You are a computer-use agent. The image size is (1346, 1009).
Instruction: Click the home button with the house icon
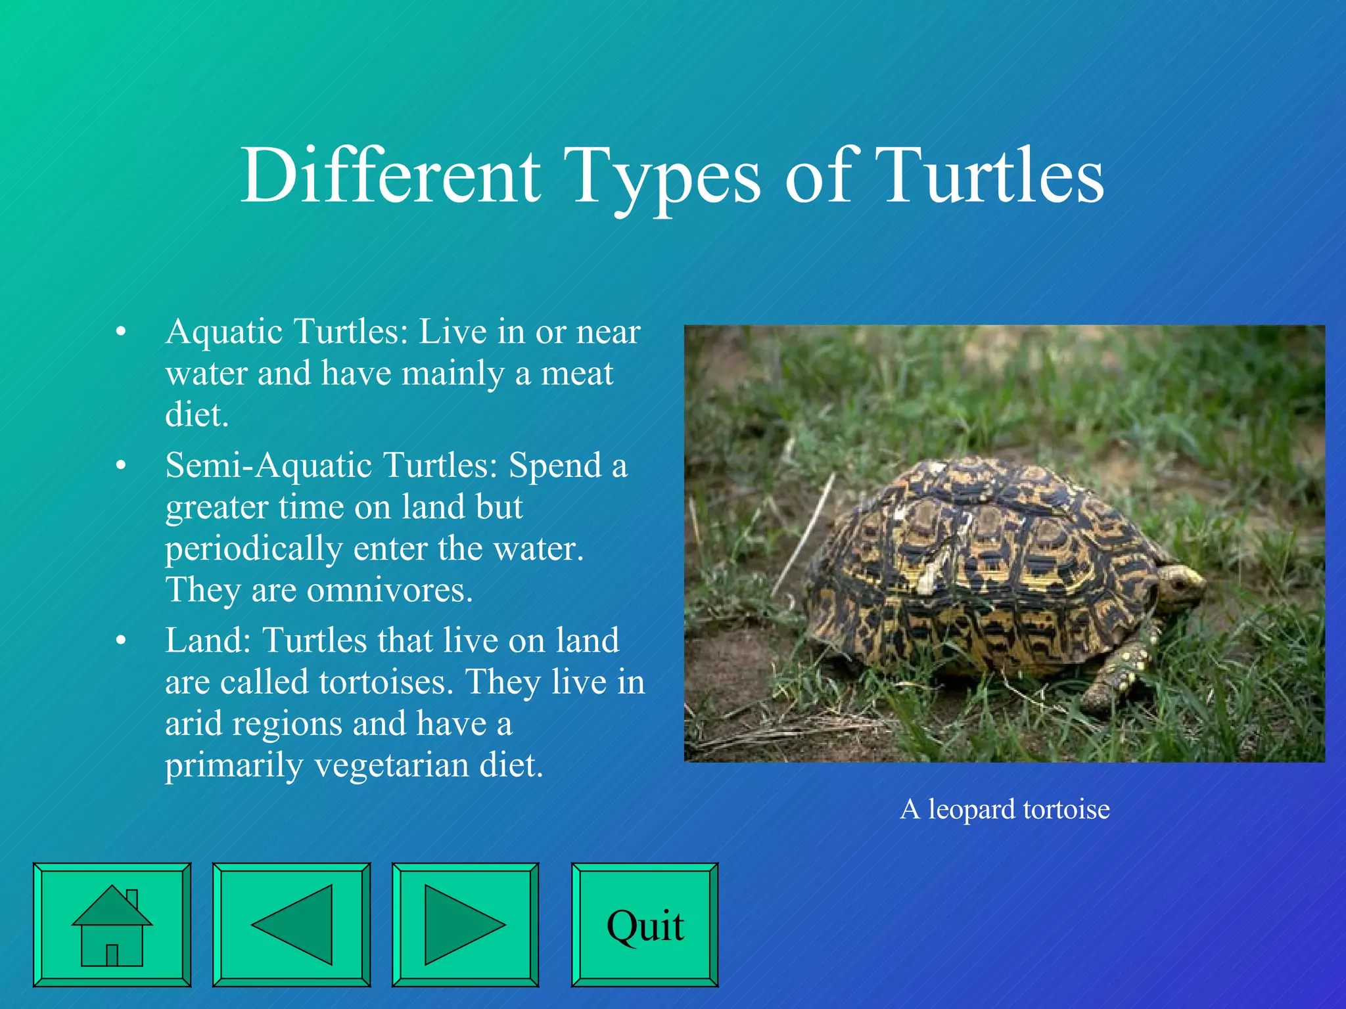[x=112, y=925]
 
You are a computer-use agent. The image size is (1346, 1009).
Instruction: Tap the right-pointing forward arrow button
[x=465, y=925]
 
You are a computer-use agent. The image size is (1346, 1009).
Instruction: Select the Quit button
[x=645, y=925]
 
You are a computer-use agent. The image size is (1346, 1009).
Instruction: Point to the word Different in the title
[x=390, y=176]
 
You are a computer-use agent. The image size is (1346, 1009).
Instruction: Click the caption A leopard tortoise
[x=1004, y=809]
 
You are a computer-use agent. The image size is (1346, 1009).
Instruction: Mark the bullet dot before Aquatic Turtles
[x=120, y=332]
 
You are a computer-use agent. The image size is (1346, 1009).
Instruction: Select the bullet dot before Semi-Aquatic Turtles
[x=120, y=466]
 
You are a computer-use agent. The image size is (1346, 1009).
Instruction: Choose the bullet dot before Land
[x=120, y=641]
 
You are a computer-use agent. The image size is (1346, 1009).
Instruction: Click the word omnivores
[x=390, y=590]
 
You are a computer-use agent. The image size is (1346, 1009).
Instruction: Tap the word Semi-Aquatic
[x=269, y=465]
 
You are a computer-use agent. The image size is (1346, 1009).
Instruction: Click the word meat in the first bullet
[x=576, y=374]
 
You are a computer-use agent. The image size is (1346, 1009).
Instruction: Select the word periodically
[x=254, y=549]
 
